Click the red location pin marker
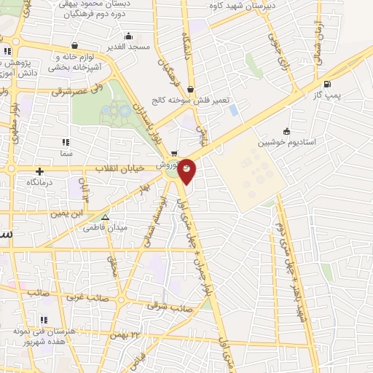tap(187, 169)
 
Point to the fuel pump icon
tap(327, 85)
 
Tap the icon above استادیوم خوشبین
tap(287, 132)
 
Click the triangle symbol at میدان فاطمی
tap(106, 217)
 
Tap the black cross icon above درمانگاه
tap(39, 171)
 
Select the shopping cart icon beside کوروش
tap(174, 154)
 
